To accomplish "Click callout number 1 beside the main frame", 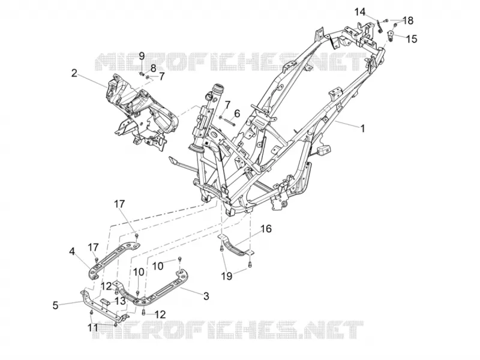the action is (362, 128).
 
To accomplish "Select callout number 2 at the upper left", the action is (74, 73).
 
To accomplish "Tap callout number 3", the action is (206, 296).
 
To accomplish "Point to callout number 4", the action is (72, 251).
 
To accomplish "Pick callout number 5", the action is (55, 305).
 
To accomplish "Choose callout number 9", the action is (142, 56).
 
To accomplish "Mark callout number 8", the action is (153, 68).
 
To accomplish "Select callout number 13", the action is (121, 301).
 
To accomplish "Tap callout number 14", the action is (360, 12).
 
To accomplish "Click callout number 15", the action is (412, 39).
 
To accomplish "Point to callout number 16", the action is (266, 229).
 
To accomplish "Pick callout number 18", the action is (408, 21).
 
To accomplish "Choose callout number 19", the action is (227, 276).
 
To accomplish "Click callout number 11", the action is (93, 328).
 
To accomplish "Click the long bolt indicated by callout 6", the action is (229, 121).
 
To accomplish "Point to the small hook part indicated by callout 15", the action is (391, 35).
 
